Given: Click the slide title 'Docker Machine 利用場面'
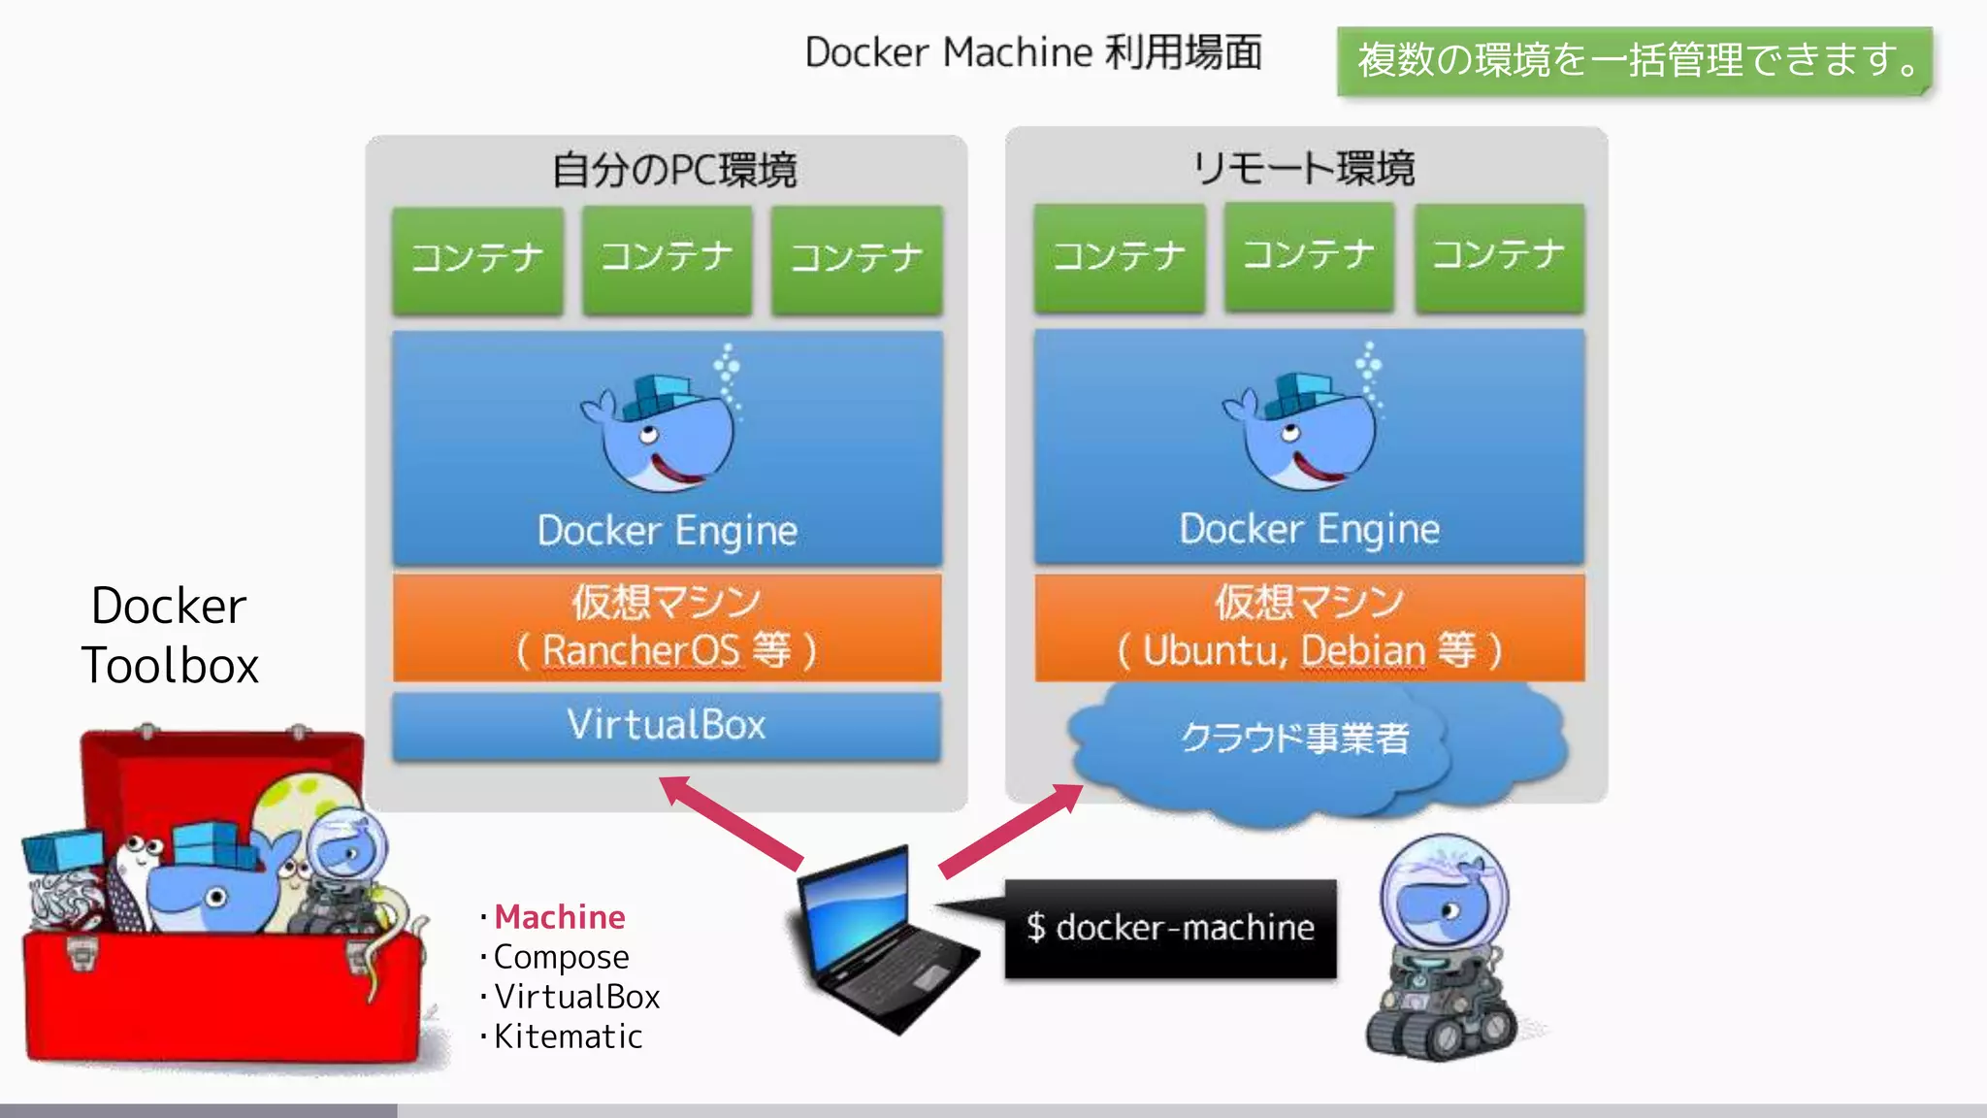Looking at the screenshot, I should [1033, 52].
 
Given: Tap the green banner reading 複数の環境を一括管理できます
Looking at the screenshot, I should [1634, 61].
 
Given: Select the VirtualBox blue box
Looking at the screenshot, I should [667, 725].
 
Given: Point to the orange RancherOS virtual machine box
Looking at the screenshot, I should [667, 627].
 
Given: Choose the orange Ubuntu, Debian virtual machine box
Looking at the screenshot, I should [1309, 627].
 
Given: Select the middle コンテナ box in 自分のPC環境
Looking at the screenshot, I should [667, 259].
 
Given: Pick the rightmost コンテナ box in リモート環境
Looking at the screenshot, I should [1499, 257].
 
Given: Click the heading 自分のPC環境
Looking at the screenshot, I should [674, 171].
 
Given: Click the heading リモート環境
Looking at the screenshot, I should [1303, 169].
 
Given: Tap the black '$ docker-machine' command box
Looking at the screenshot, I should [1170, 929].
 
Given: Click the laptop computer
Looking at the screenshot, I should [878, 941].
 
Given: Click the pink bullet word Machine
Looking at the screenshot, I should [560, 917].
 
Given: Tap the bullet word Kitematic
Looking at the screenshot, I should [568, 1036].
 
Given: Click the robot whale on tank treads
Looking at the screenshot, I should [1442, 951].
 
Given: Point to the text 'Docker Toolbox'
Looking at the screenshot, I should [170, 636].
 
